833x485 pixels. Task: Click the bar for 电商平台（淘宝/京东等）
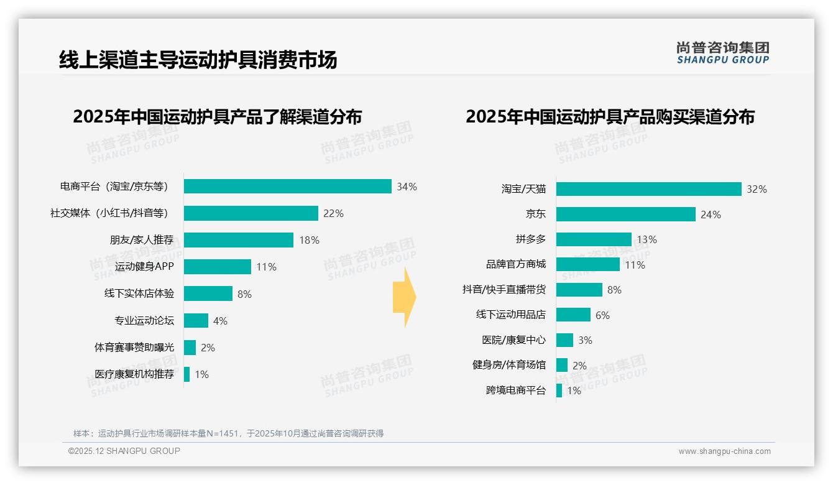pyautogui.click(x=287, y=187)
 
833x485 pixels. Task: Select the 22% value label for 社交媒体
pyautogui.click(x=333, y=213)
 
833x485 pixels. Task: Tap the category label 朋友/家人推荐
pyautogui.click(x=142, y=240)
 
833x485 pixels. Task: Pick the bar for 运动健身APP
pyautogui.click(x=218, y=267)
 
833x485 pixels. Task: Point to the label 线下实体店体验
pyautogui.click(x=139, y=293)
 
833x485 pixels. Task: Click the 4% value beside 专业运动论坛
pyautogui.click(x=220, y=321)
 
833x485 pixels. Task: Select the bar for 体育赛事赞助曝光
pyautogui.click(x=190, y=348)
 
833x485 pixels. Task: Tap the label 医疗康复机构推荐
pyautogui.click(x=134, y=374)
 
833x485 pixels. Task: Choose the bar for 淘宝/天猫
pyautogui.click(x=648, y=189)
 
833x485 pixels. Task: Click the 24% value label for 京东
pyautogui.click(x=711, y=215)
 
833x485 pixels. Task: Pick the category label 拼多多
pyautogui.click(x=530, y=239)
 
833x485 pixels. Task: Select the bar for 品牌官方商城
pyautogui.click(x=588, y=264)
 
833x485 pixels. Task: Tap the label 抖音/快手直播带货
pyautogui.click(x=504, y=290)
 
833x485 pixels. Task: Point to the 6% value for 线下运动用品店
pyautogui.click(x=602, y=315)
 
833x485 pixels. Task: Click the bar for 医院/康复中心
pyautogui.click(x=564, y=340)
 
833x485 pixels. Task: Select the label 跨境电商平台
pyautogui.click(x=516, y=390)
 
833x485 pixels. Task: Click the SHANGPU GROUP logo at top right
pyautogui.click(x=722, y=53)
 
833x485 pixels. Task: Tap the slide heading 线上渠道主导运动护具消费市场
pyautogui.click(x=198, y=60)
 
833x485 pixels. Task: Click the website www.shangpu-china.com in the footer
pyautogui.click(x=724, y=451)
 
